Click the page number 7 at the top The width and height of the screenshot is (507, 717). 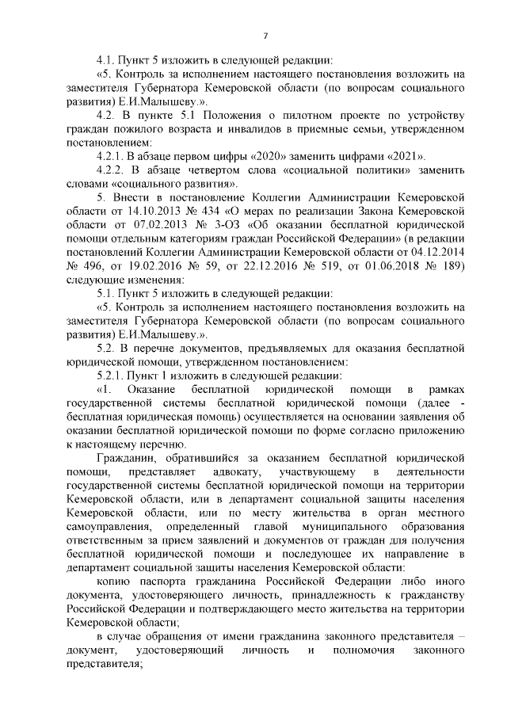(x=265, y=36)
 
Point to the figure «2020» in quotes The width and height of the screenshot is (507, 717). (x=282, y=155)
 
